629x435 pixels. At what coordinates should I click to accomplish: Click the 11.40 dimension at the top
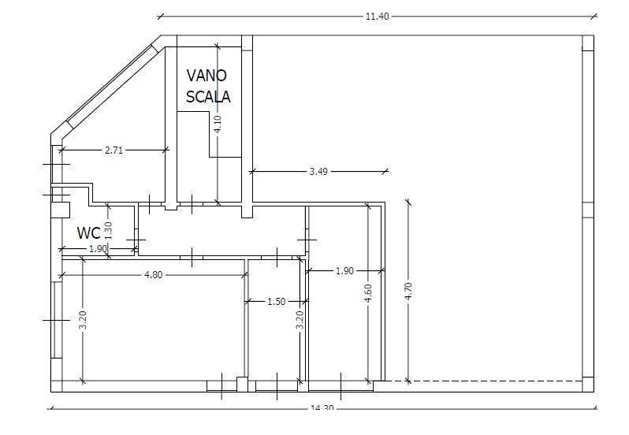(377, 17)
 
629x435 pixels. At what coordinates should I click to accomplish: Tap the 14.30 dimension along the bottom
(322, 407)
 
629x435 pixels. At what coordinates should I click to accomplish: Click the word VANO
(207, 76)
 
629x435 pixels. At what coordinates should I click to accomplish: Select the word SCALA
(208, 97)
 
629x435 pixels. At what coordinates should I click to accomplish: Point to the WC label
(88, 233)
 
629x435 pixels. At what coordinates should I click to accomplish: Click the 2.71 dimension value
(114, 151)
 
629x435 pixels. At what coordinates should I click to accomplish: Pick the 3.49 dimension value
(318, 172)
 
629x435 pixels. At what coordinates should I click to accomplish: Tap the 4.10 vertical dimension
(217, 124)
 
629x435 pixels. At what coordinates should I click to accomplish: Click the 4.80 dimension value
(154, 275)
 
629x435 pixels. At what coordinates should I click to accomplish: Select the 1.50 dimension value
(277, 301)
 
